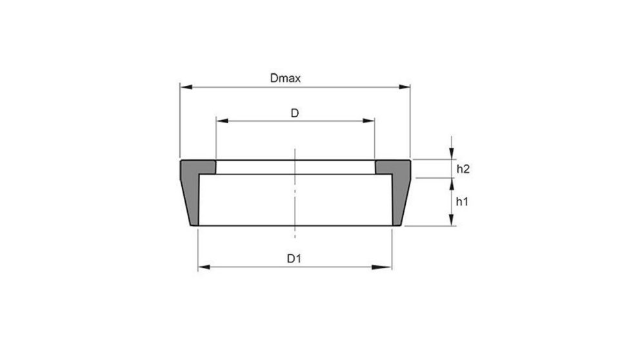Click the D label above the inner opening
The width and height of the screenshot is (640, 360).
click(x=294, y=113)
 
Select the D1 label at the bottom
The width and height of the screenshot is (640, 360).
click(x=294, y=259)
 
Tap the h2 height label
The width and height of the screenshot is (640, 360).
click(x=462, y=169)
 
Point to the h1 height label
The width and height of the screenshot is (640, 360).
click(x=462, y=201)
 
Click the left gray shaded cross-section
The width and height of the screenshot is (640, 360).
click(x=193, y=184)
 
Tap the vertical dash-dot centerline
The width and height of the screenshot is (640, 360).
click(x=294, y=194)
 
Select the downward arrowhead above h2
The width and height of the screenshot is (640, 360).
click(x=452, y=154)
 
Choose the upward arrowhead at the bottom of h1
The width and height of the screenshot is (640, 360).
click(x=452, y=221)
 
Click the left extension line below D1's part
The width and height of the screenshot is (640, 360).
click(x=197, y=248)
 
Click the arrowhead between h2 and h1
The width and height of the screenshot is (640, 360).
click(x=452, y=182)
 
